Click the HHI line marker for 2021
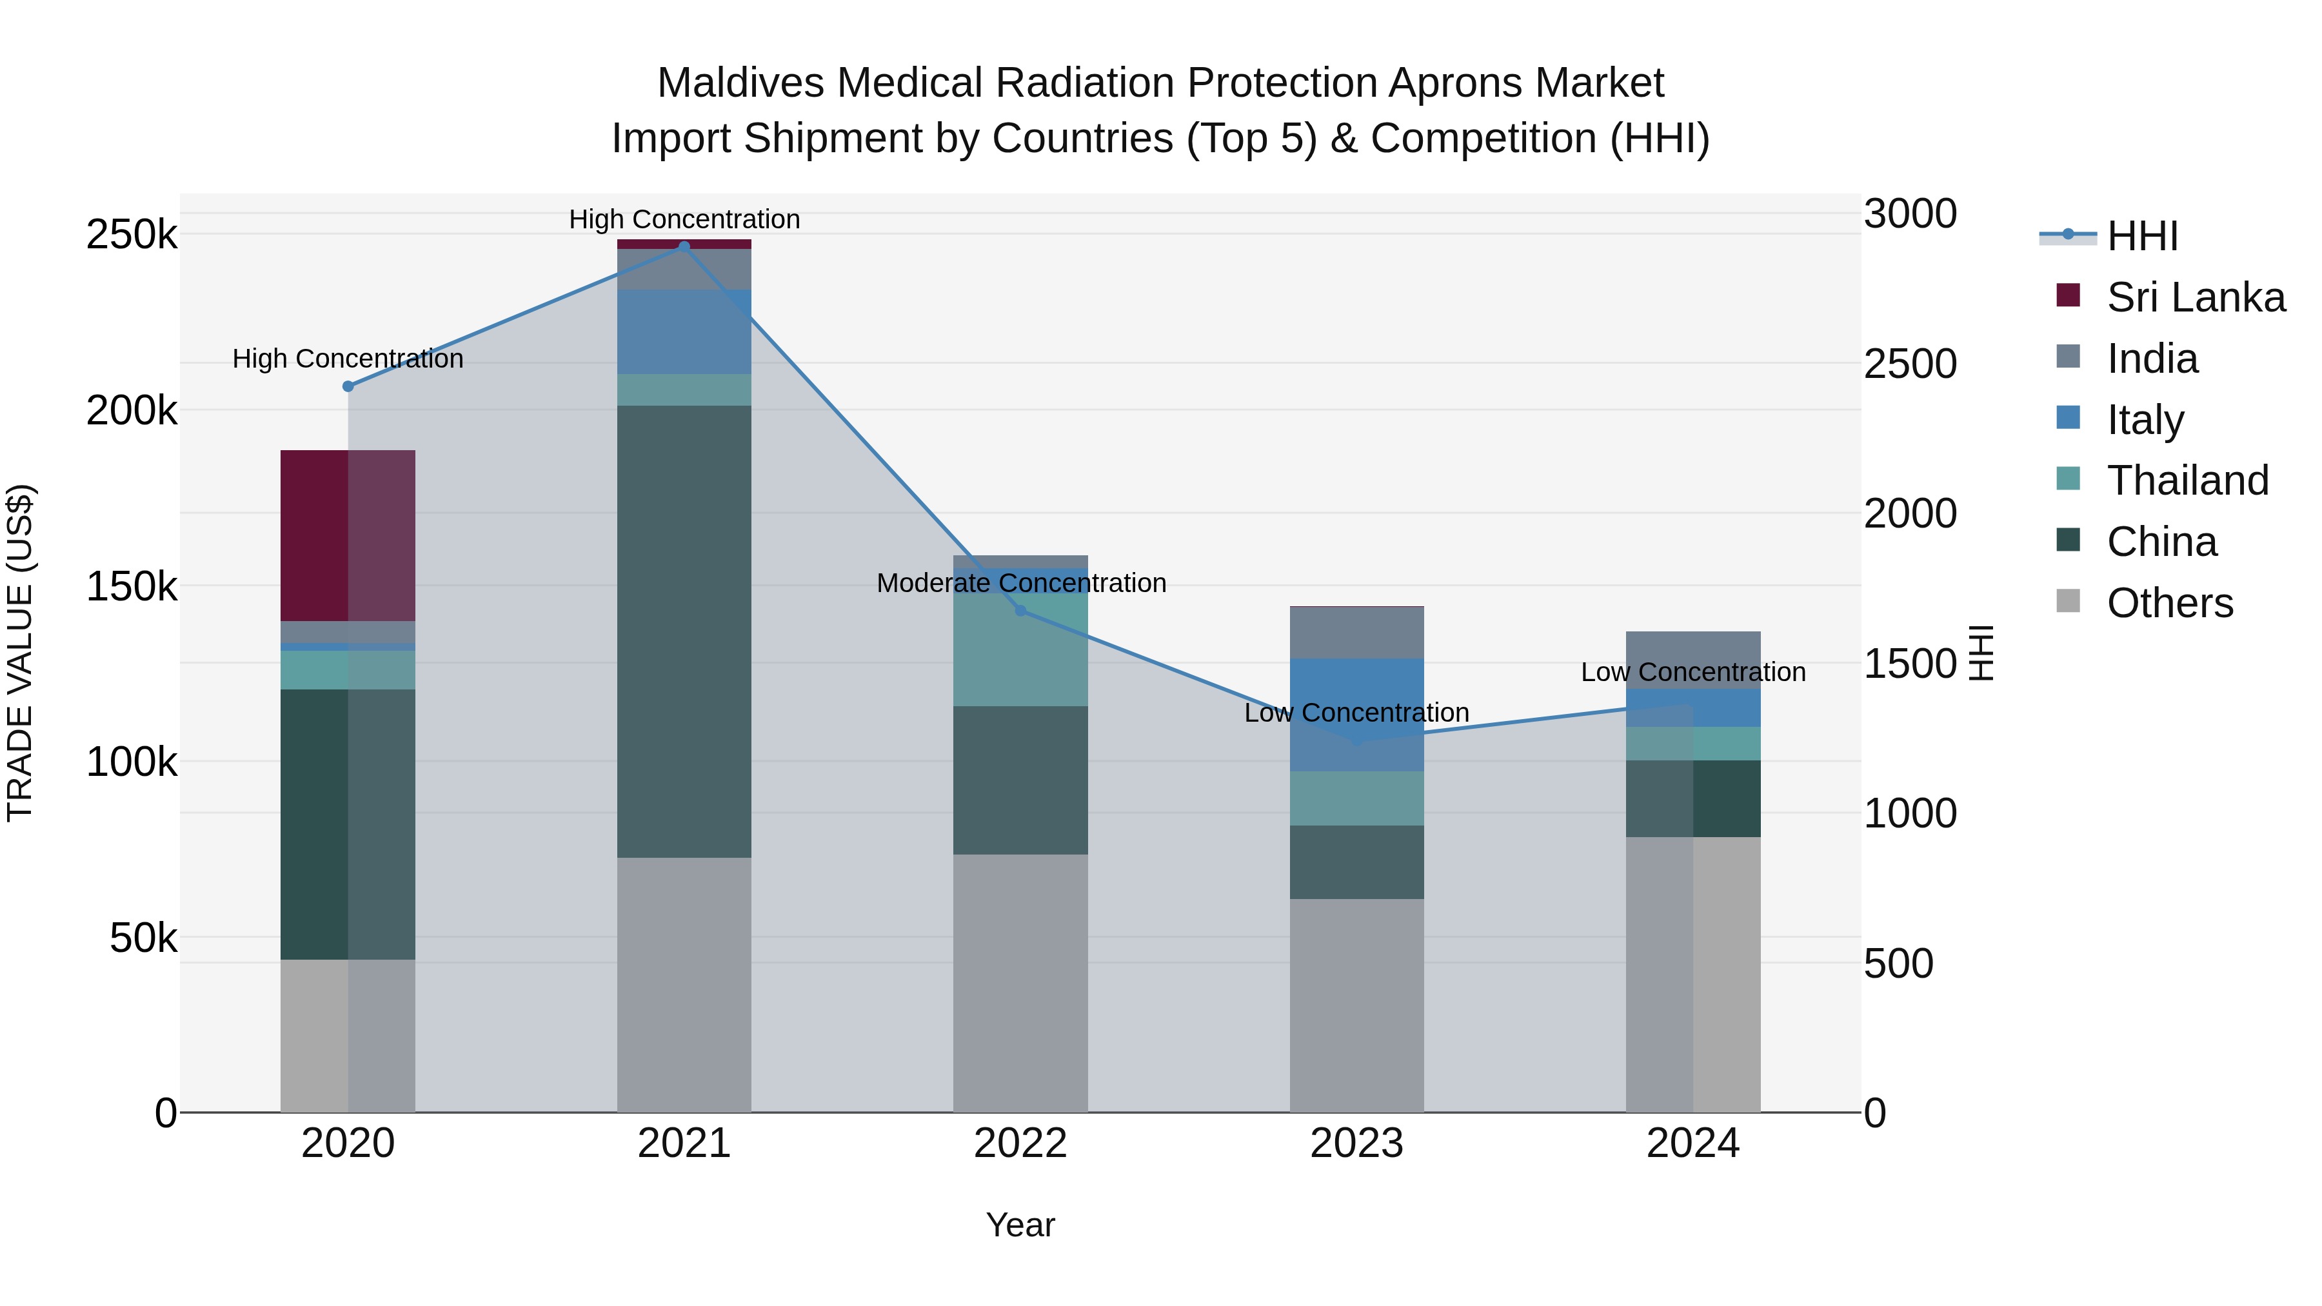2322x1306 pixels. click(684, 247)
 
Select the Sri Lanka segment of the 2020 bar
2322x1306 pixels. click(348, 535)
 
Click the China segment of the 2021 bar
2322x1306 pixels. click(684, 631)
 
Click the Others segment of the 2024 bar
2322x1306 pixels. click(1693, 973)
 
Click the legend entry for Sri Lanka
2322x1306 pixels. click(2196, 297)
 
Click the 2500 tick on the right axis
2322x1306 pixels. click(1910, 364)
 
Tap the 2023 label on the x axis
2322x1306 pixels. click(1356, 1143)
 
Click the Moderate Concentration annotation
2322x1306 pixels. click(1021, 583)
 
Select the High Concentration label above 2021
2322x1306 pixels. click(684, 219)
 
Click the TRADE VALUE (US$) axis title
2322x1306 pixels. click(20, 653)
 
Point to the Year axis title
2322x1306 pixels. click(1020, 1225)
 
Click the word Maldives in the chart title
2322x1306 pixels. click(740, 83)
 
